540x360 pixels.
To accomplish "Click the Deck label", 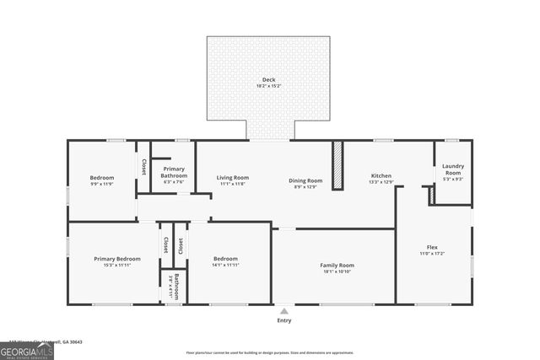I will point(267,81).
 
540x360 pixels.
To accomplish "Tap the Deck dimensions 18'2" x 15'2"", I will point(267,87).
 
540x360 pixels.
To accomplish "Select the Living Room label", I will point(232,177).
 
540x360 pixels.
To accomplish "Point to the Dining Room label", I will point(305,180).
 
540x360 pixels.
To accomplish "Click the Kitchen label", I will point(381,176).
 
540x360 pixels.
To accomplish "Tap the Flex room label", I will point(431,248).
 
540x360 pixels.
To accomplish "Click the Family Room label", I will point(337,265).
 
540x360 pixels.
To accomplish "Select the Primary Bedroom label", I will point(116,259).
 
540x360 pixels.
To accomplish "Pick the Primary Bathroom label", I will point(174,172).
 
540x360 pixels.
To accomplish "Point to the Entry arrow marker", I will point(284,311).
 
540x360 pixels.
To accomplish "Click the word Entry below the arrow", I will point(284,320).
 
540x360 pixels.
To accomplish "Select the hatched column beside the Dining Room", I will point(337,165).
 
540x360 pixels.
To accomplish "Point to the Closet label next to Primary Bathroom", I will point(143,166).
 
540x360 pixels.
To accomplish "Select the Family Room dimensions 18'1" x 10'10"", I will point(337,271).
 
